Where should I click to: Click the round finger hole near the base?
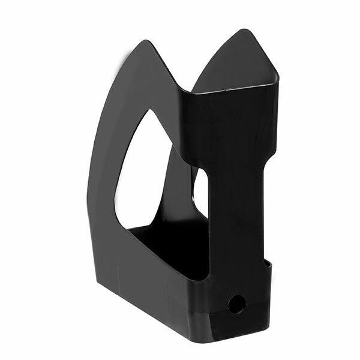[236, 304]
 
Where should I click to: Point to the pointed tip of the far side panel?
[243, 31]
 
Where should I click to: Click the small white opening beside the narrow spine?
[200, 192]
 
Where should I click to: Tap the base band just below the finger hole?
[237, 324]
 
